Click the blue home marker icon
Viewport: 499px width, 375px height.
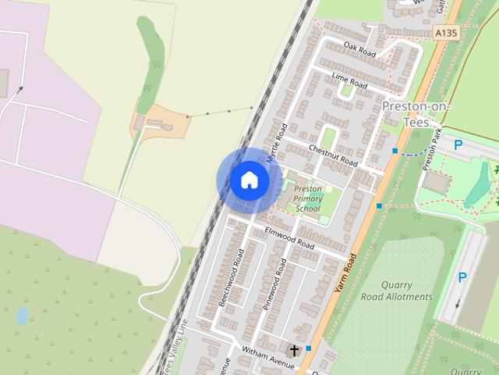click(249, 180)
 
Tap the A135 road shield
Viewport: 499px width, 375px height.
click(444, 33)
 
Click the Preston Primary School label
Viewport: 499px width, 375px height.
click(308, 198)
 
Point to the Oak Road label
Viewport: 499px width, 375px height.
click(359, 49)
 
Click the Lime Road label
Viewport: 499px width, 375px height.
click(349, 79)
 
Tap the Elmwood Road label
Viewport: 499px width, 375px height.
click(289, 238)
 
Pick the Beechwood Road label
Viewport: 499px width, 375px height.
click(232, 277)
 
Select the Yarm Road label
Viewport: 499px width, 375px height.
click(345, 273)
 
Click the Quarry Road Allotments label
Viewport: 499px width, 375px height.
click(397, 291)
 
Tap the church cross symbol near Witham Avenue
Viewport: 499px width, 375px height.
click(294, 350)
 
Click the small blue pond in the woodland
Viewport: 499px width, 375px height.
click(22, 316)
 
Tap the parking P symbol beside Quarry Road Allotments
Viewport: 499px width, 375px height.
click(462, 277)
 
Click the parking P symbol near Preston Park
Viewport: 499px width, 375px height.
click(458, 145)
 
